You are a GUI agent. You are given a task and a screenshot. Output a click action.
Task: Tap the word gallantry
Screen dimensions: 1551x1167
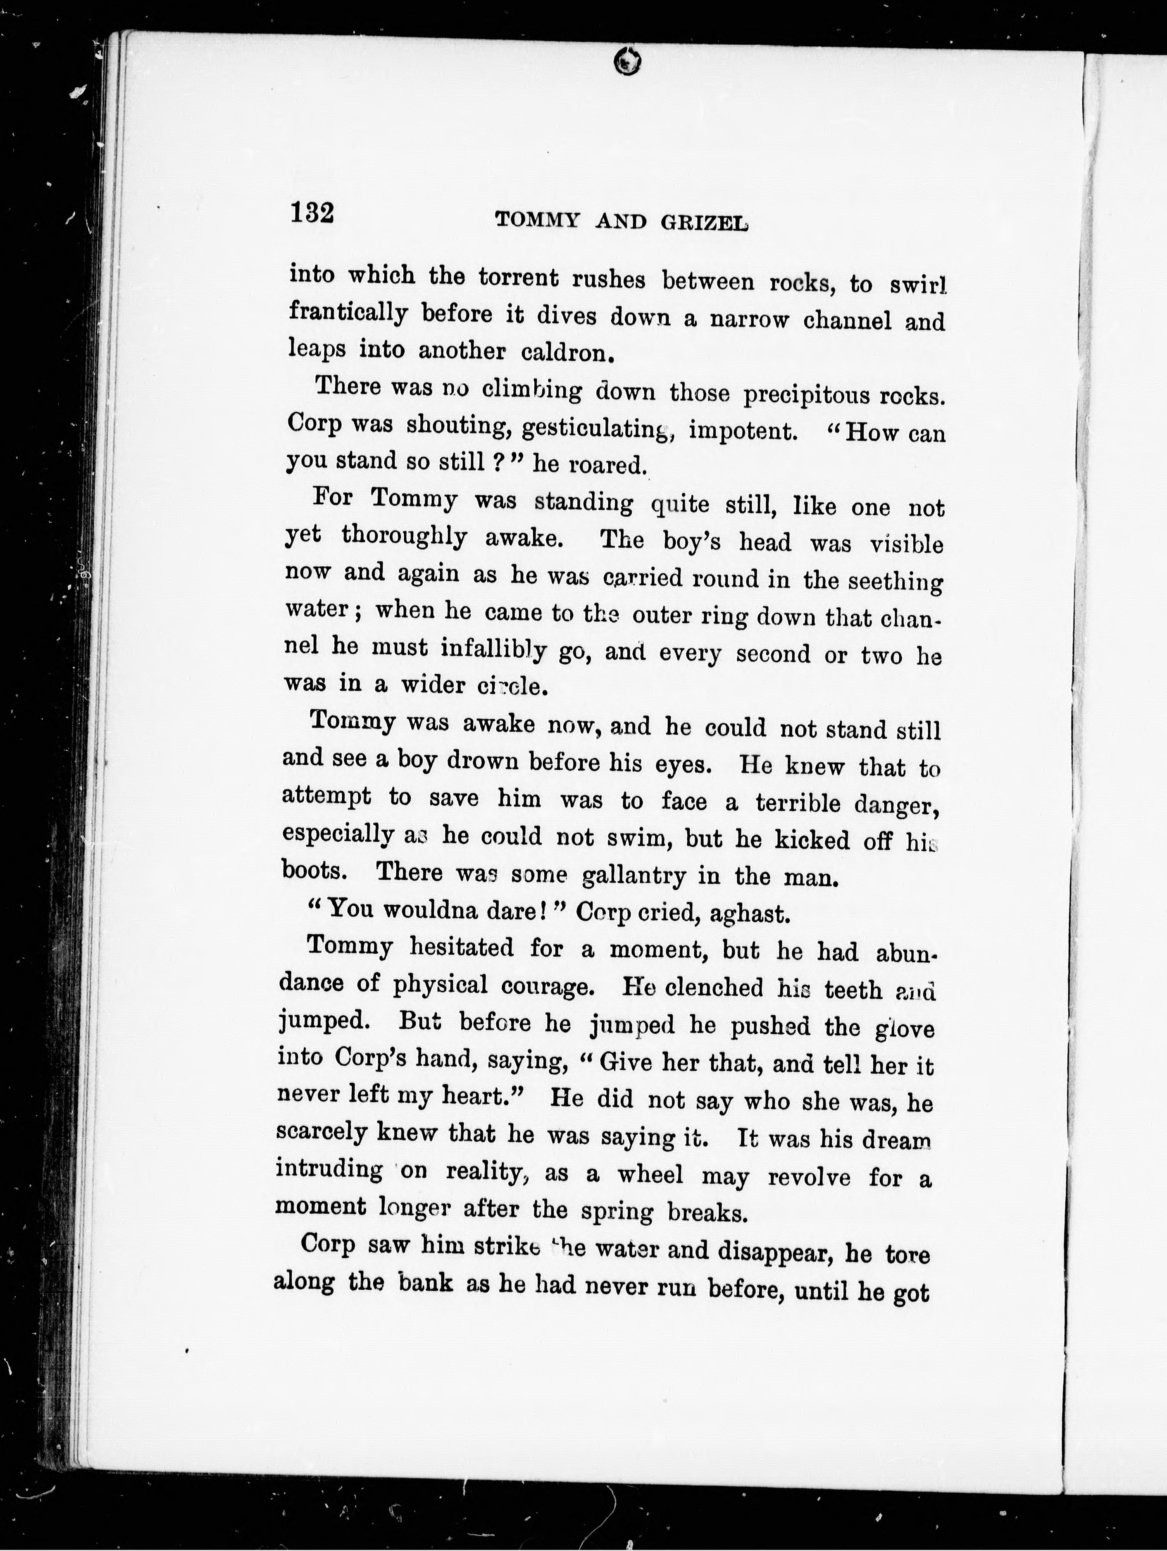(634, 875)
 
